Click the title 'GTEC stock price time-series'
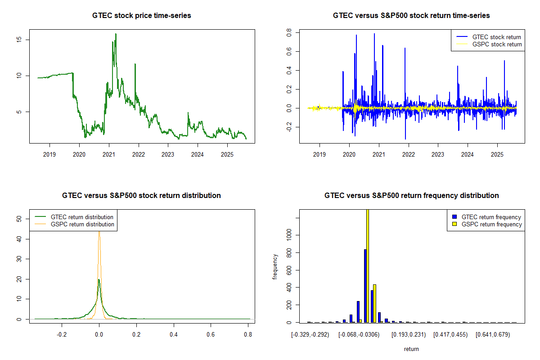coord(142,16)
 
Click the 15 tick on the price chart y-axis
coord(19,40)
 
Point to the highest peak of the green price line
coord(116,34)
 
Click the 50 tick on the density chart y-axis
coord(19,219)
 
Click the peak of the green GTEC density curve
coord(99,279)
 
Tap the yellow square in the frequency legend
coord(454,224)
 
